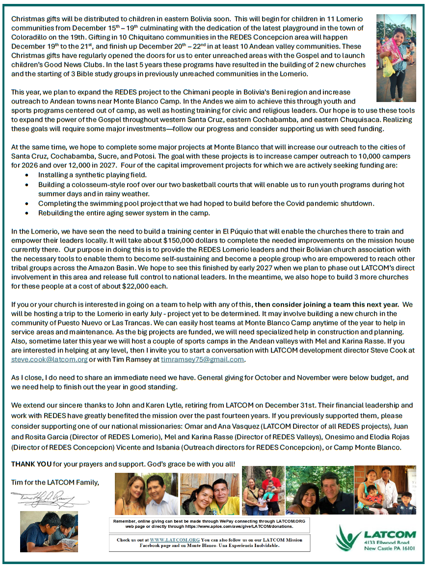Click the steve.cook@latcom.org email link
pyautogui.click(x=49, y=360)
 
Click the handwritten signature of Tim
pyautogui.click(x=49, y=500)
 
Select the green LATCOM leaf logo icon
pyautogui.click(x=348, y=538)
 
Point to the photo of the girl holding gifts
pyautogui.click(x=396, y=58)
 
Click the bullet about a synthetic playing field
pyautogui.click(x=92, y=175)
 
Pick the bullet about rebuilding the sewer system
pyautogui.click(x=124, y=213)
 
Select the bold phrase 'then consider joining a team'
pyautogui.click(x=302, y=305)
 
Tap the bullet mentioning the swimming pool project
pyautogui.click(x=206, y=204)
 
